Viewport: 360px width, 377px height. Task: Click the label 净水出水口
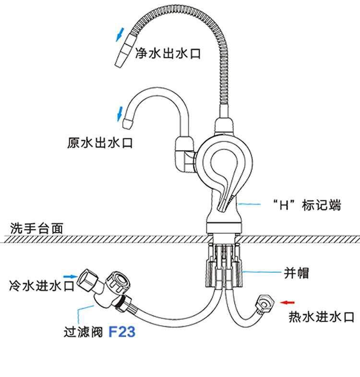coord(167,54)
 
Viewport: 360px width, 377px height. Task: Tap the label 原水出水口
coord(100,143)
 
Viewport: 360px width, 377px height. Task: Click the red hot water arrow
coord(288,302)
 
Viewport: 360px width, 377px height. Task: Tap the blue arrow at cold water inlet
coord(70,276)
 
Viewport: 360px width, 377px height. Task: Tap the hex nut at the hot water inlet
coord(264,303)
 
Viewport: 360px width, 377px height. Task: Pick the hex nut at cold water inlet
coord(90,279)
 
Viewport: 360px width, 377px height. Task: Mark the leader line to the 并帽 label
coord(262,273)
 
